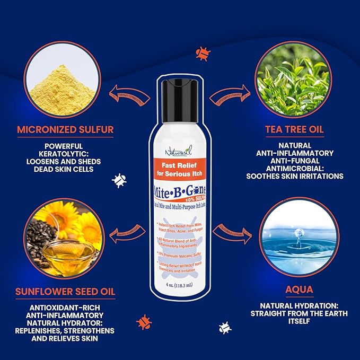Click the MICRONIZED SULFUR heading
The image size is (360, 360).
(x=65, y=129)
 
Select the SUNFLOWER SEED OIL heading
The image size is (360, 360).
(x=66, y=291)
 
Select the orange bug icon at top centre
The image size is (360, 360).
(x=202, y=52)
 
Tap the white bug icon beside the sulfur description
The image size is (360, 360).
(x=119, y=181)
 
